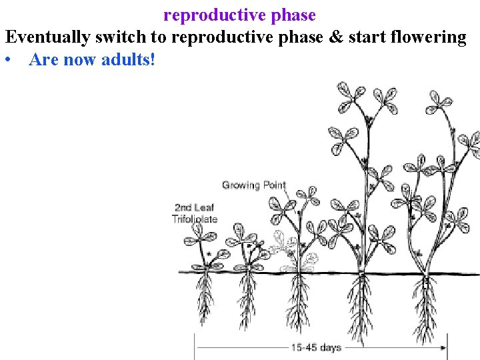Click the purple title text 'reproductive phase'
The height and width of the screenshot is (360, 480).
click(x=239, y=14)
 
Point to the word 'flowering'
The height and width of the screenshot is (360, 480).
click(x=429, y=37)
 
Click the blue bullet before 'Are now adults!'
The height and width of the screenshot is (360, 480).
click(x=8, y=60)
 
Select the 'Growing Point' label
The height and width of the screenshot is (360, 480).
click(x=253, y=185)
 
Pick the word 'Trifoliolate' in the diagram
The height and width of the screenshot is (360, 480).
click(x=195, y=219)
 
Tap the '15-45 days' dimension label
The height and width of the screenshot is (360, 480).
click(x=315, y=347)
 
